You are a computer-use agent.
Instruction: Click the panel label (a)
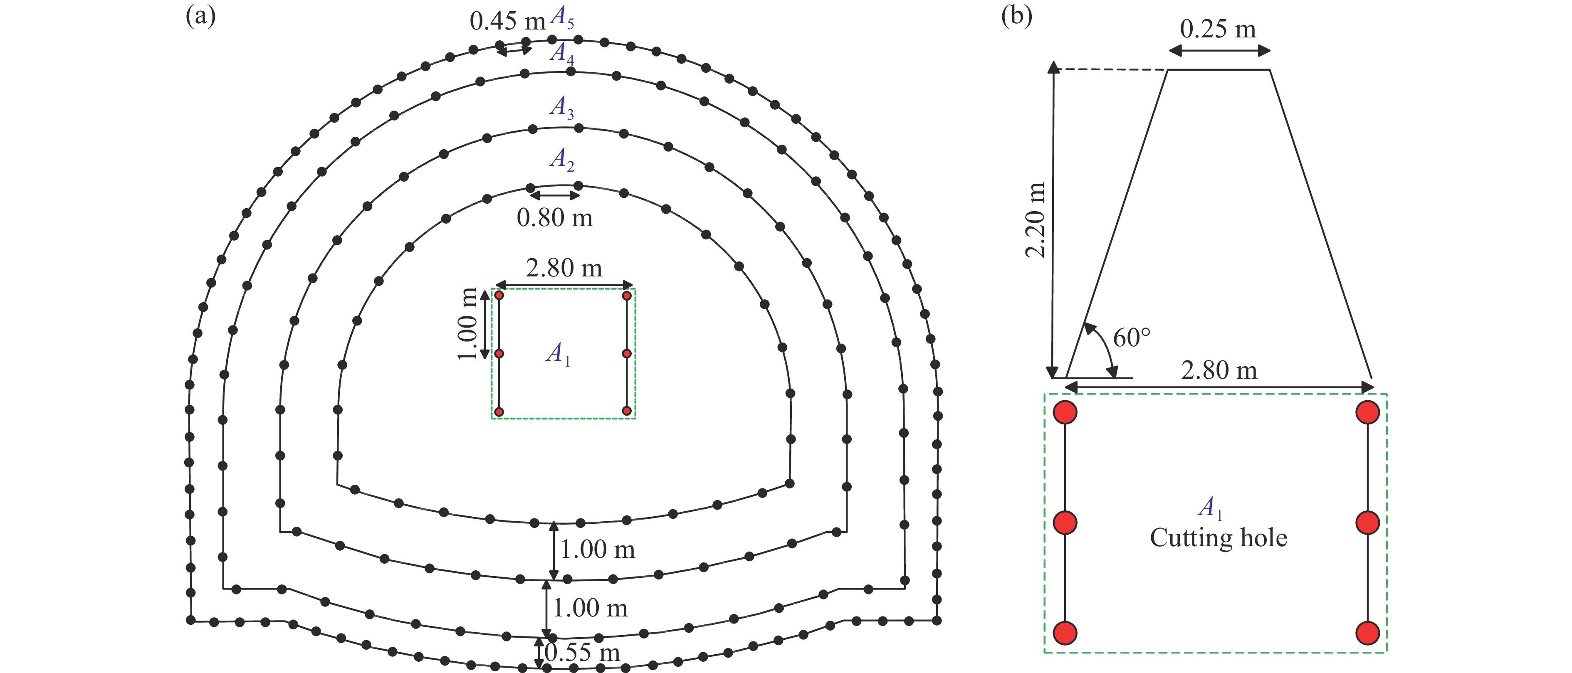tap(200, 17)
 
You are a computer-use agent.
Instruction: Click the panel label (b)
tap(1017, 17)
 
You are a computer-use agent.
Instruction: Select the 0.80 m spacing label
tap(554, 218)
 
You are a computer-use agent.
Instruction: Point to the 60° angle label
tap(1132, 338)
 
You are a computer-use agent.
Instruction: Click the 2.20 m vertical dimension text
tap(1036, 219)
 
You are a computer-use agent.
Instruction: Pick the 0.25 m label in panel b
tap(1218, 29)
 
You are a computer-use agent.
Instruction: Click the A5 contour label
tap(561, 18)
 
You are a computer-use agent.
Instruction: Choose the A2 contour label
tap(561, 160)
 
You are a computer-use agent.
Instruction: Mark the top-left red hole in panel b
tap(1065, 412)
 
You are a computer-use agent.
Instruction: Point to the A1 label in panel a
tap(558, 354)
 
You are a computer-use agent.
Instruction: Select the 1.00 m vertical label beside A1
tap(467, 324)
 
